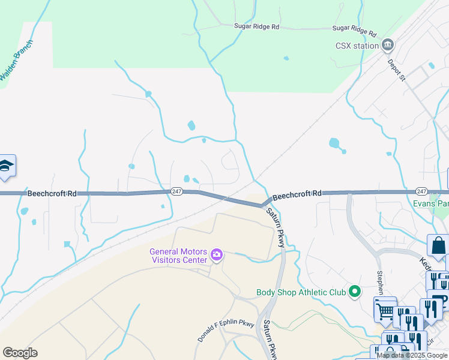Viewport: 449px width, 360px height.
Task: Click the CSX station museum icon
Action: coord(388,45)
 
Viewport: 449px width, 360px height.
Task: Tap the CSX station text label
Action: coord(357,46)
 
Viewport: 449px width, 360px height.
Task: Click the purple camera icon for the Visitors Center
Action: coord(216,256)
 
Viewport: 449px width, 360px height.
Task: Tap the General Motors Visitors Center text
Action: coord(178,256)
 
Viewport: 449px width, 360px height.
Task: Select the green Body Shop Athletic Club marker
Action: coord(355,292)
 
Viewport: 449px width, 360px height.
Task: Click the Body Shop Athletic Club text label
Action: coord(301,292)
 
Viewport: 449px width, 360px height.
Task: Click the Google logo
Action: coord(20,352)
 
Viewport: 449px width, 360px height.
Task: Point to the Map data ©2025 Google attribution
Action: coord(412,355)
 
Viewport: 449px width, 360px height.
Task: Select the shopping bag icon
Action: coord(438,245)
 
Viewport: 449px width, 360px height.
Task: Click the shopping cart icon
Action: coord(384,309)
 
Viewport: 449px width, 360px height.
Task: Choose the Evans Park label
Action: coord(430,203)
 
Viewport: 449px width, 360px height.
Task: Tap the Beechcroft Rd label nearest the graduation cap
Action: coord(52,194)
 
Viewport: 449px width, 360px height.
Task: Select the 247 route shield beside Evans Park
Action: coord(421,191)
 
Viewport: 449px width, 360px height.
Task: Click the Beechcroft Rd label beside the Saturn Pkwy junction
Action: coord(297,194)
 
